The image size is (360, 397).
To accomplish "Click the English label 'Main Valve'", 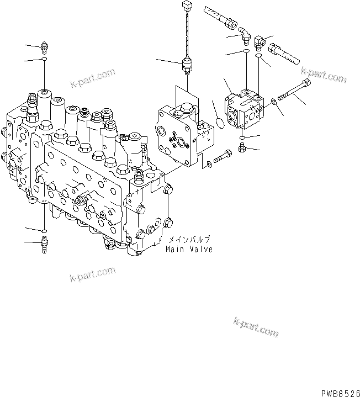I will click(x=189, y=249).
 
